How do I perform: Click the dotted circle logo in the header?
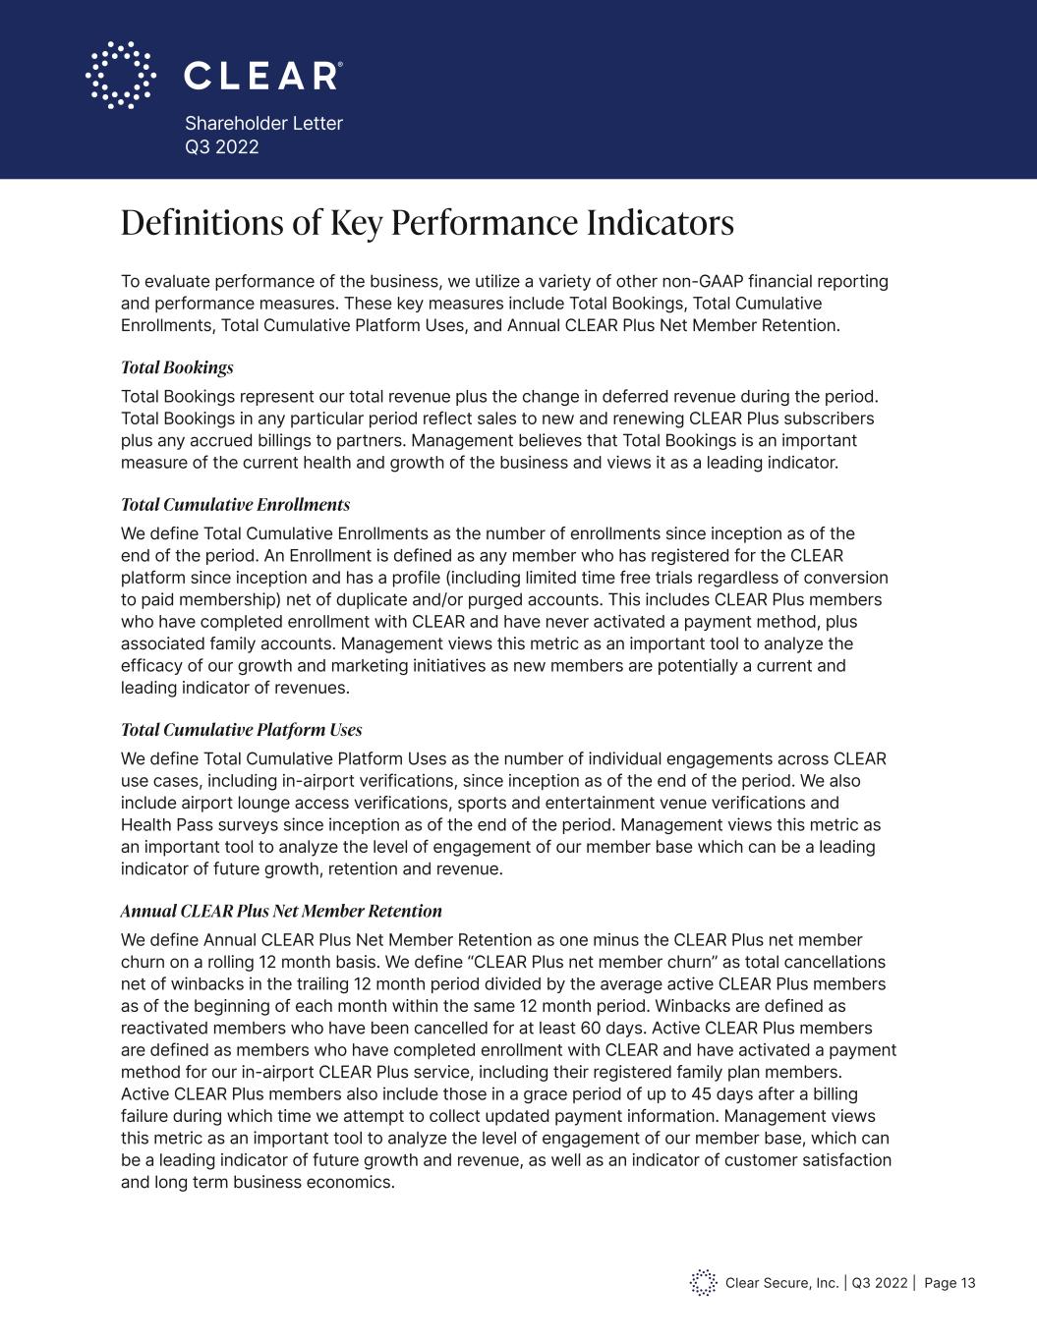(x=121, y=75)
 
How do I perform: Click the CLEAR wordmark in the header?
(x=262, y=76)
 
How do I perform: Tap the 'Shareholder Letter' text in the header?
(x=263, y=123)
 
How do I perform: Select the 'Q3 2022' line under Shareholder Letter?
(x=222, y=147)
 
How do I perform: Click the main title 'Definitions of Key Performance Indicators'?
(x=427, y=223)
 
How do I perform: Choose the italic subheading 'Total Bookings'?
(x=177, y=367)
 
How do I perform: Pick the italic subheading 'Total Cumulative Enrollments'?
(x=235, y=505)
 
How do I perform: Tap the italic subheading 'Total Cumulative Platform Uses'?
(x=241, y=730)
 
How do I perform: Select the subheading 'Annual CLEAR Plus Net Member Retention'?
(x=281, y=911)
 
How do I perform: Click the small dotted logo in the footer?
(x=703, y=1282)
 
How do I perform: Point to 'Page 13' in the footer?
(x=950, y=1283)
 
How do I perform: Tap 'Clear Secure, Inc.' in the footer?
(x=781, y=1283)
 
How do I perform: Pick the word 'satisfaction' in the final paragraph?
(x=841, y=1159)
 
